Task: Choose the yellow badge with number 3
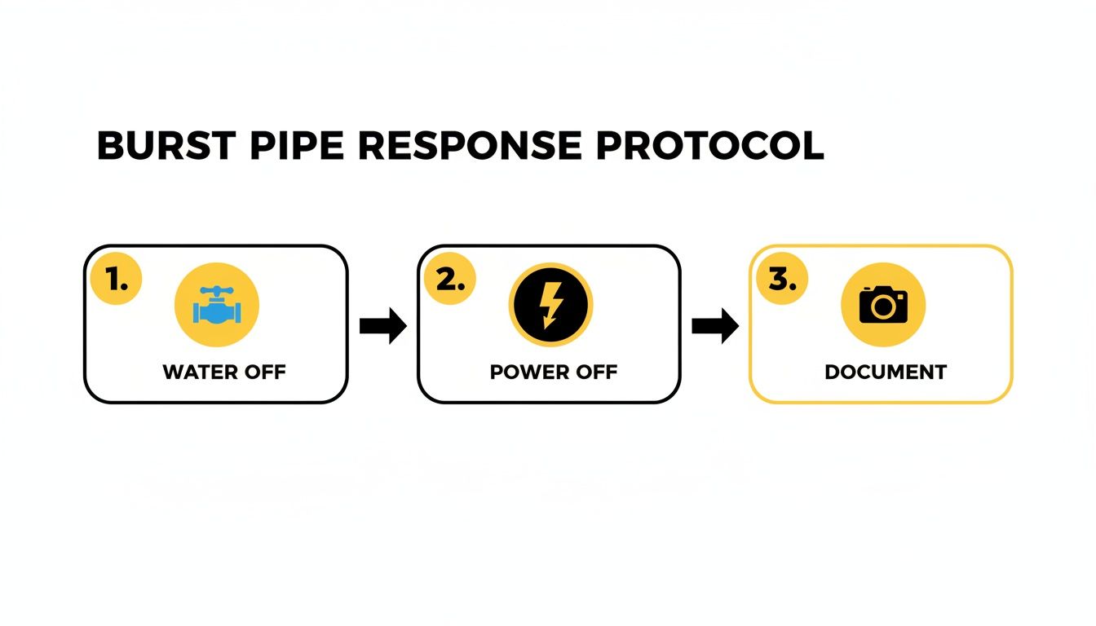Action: coord(782,281)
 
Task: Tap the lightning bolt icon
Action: coord(550,306)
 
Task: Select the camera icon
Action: coord(883,305)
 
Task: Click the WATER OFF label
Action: coord(224,373)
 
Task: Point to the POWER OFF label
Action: coord(554,373)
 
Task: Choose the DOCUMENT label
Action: coord(886,373)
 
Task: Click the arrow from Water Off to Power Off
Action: coord(383,326)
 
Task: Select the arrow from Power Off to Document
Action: coord(715,326)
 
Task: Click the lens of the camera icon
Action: coord(882,307)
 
